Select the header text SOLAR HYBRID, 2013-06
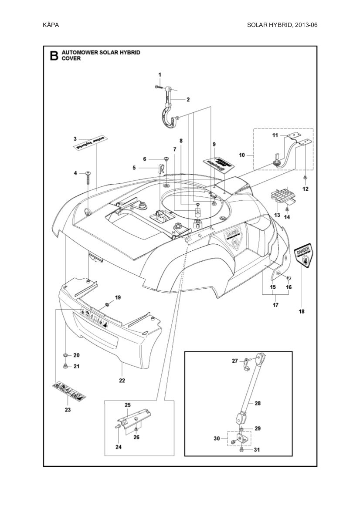(282, 25)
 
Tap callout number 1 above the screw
(160, 75)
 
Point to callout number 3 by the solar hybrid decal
(75, 139)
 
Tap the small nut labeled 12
(305, 178)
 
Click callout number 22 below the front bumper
(122, 380)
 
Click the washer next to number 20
(65, 355)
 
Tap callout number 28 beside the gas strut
(258, 403)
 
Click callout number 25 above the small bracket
(128, 405)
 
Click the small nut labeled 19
(107, 303)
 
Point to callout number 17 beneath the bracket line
(275, 305)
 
